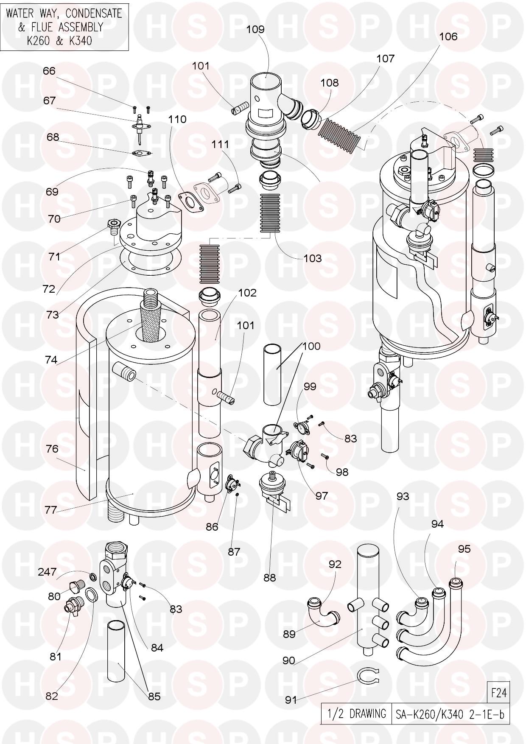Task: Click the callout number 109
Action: (x=255, y=29)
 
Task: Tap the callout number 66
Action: (x=49, y=71)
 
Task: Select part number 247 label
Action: (x=47, y=572)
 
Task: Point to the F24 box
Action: (x=498, y=693)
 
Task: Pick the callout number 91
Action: (x=291, y=700)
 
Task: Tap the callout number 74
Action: (x=51, y=359)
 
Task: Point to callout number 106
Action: (x=448, y=37)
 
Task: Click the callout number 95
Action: (x=464, y=549)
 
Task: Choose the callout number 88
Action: (x=270, y=577)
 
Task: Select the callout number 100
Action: (x=312, y=346)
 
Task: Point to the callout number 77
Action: (x=51, y=510)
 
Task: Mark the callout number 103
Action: (x=313, y=258)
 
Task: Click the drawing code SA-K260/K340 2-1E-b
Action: (x=450, y=714)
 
